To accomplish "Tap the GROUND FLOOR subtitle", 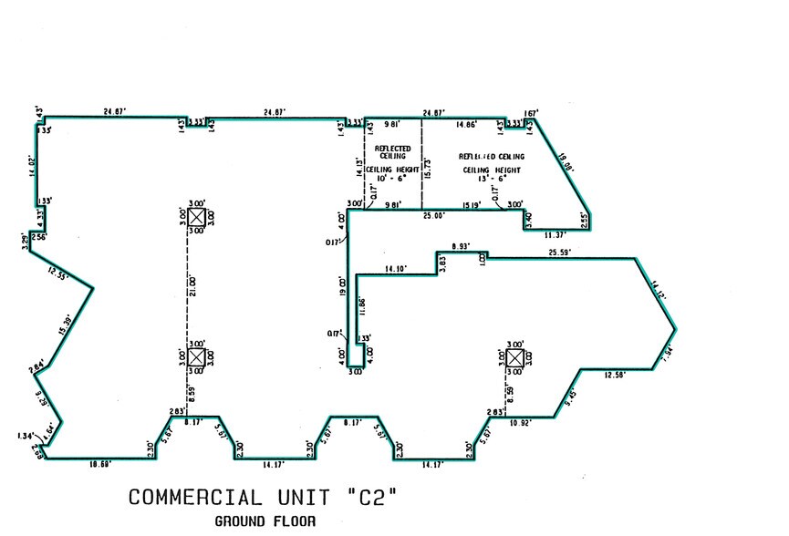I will coord(265,522).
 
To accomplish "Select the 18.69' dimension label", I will coord(100,464).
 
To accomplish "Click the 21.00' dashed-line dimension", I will coord(192,285).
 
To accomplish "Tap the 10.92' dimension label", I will coord(520,424).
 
